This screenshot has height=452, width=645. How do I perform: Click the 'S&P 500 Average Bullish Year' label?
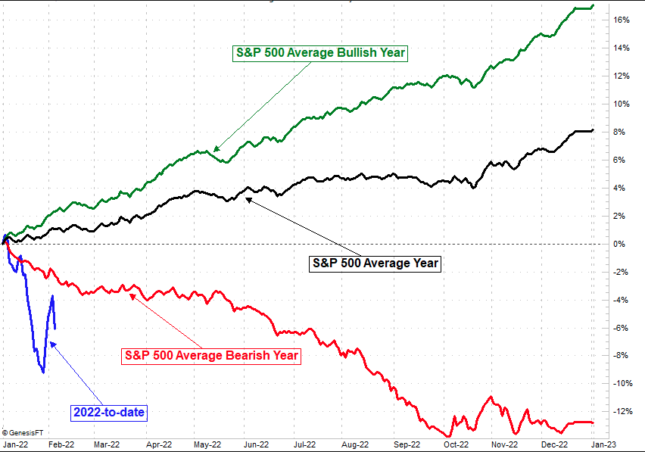[320, 53]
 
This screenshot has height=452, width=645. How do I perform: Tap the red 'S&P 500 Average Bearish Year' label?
[210, 354]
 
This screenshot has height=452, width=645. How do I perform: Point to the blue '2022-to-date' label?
[109, 413]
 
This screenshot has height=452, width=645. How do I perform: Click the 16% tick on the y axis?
[622, 20]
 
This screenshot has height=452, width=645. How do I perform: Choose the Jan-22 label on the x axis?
[16, 445]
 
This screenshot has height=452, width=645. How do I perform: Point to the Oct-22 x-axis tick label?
[456, 445]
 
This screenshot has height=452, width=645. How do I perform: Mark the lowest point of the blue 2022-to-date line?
[43, 373]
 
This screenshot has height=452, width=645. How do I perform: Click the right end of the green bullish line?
[593, 5]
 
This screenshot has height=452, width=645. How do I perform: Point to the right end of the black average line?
[593, 130]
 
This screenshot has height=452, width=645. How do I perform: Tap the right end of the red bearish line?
[593, 422]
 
